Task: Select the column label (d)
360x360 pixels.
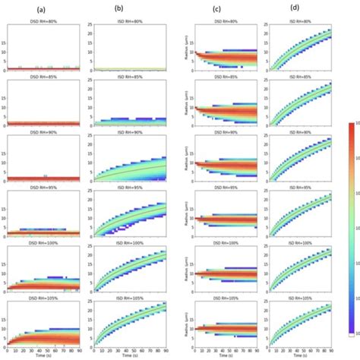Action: coord(295,10)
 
